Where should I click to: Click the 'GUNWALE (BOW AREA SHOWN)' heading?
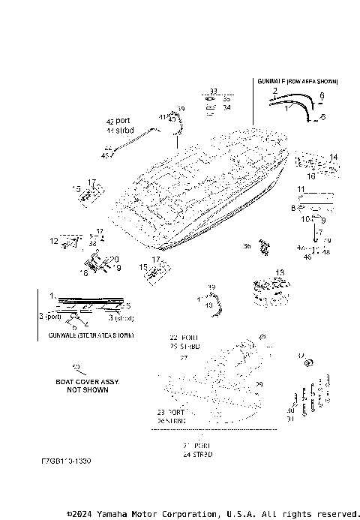click(x=298, y=80)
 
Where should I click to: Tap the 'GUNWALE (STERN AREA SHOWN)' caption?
click(x=85, y=335)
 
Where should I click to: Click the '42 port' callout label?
click(x=118, y=122)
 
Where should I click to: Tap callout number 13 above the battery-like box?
click(x=280, y=272)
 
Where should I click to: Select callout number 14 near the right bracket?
click(x=334, y=157)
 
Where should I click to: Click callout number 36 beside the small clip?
click(x=247, y=246)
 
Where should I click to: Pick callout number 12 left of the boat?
click(x=54, y=242)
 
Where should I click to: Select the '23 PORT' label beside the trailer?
click(x=171, y=413)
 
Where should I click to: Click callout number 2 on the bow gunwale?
click(x=275, y=90)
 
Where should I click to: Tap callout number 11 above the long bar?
click(x=300, y=189)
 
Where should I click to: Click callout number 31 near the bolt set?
click(x=290, y=419)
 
